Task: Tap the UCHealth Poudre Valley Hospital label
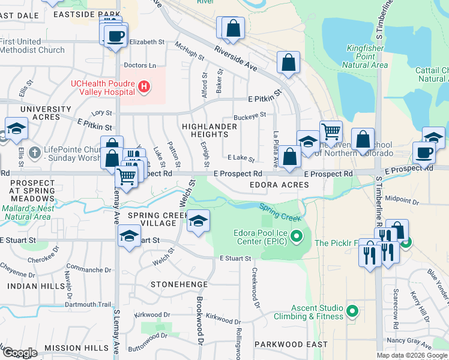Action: pos(102,88)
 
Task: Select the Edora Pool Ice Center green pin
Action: pos(295,237)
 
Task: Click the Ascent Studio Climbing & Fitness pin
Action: pos(352,311)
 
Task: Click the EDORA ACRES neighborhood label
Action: pos(279,185)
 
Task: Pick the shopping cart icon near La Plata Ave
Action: pos(331,131)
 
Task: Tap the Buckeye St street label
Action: pos(250,115)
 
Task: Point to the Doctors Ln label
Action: pos(139,65)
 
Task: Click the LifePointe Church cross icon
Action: pos(35,152)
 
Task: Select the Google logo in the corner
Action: pos(19,352)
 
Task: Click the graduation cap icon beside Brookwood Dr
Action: pos(198,220)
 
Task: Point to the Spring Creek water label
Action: pos(280,212)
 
